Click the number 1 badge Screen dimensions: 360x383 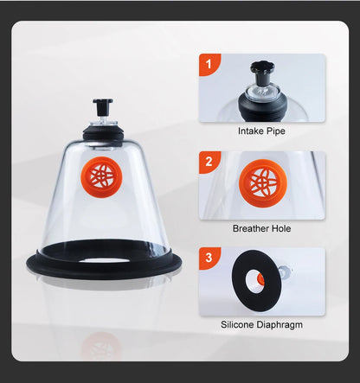point(209,64)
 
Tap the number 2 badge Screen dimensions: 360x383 point(209,162)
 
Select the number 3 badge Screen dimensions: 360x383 point(209,258)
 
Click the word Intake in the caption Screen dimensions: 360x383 point(249,131)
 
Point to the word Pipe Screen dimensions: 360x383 point(274,131)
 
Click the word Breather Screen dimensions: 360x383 point(250,228)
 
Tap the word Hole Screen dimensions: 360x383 point(280,228)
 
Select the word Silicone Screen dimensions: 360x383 point(237,324)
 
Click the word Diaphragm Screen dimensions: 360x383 point(280,325)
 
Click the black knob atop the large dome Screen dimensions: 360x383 point(103,105)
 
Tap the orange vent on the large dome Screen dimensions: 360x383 point(101,176)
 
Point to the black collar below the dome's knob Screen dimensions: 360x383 point(103,133)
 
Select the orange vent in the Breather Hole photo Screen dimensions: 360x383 point(262,183)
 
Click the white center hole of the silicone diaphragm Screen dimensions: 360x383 point(254,280)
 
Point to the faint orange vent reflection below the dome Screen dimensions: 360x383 point(101,346)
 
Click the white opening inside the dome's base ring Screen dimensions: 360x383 point(105,260)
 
